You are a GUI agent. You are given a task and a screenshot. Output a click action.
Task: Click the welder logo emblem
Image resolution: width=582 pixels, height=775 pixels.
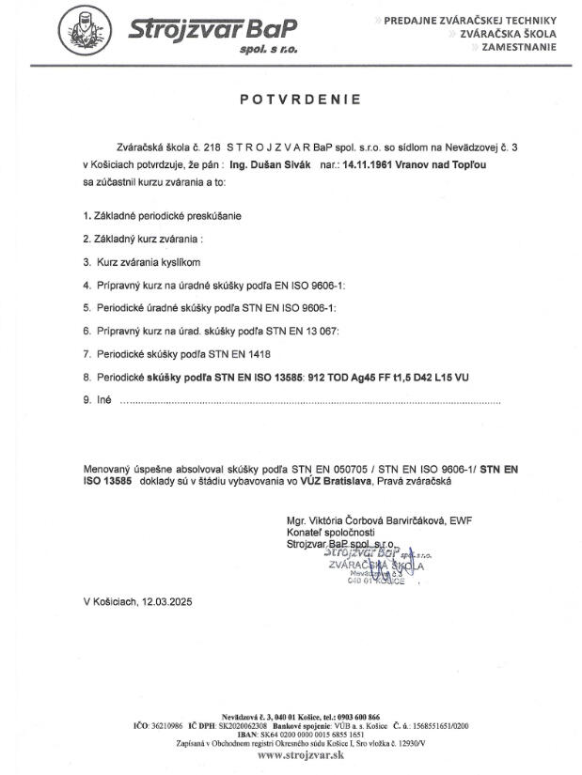[x=86, y=31]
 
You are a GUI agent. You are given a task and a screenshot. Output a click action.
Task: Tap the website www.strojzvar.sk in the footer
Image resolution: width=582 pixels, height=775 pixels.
[x=291, y=754]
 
